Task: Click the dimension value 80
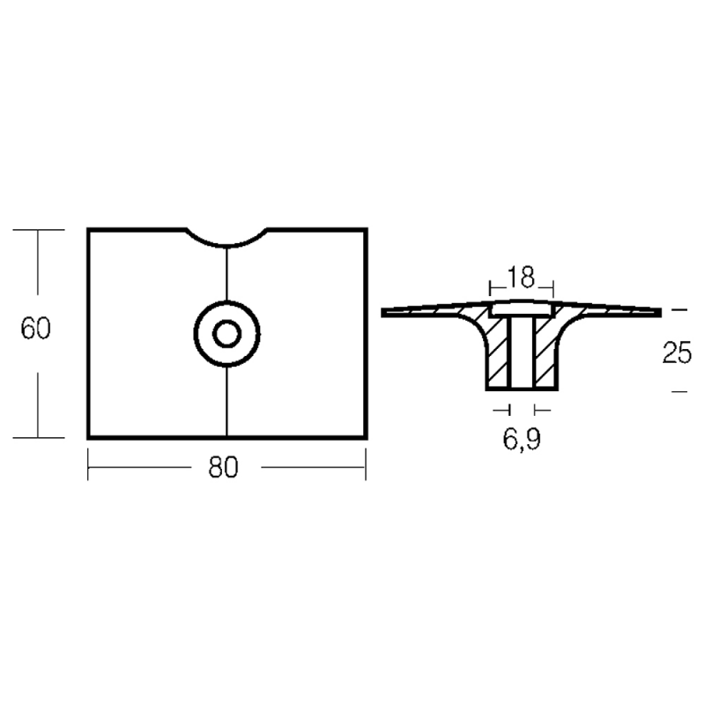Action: coord(224,468)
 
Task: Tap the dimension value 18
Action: coord(522,278)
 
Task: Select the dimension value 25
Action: coord(676,353)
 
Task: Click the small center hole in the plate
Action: coord(227,333)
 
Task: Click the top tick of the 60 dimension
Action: coord(38,229)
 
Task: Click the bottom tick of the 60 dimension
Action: coord(38,438)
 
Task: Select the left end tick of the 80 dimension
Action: coord(88,465)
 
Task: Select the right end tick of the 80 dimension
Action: coord(365,465)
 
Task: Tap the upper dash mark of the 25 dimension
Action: coord(677,310)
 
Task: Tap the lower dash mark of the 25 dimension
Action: coord(677,390)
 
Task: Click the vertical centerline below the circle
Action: coord(227,401)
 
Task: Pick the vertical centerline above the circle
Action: coord(227,275)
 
